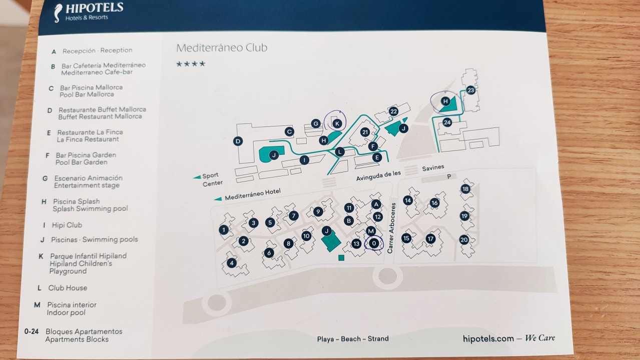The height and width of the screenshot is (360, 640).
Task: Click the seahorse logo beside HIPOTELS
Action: (x=59, y=12)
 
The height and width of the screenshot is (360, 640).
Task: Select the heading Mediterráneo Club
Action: (x=222, y=48)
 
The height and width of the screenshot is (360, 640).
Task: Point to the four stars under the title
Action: (x=191, y=64)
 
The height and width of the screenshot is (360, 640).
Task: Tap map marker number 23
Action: (x=470, y=90)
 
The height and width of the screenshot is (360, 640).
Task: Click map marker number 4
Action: (x=231, y=262)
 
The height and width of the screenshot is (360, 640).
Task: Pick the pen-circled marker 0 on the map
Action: (x=374, y=243)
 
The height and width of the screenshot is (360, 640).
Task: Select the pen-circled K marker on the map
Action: (x=337, y=123)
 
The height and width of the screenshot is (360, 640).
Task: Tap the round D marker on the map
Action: (x=238, y=141)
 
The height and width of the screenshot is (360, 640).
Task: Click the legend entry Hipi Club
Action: (x=67, y=225)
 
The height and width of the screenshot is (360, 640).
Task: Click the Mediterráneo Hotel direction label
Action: (x=252, y=194)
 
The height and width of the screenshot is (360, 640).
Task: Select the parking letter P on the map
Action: (x=449, y=176)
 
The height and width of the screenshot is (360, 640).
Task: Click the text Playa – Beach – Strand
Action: (x=353, y=338)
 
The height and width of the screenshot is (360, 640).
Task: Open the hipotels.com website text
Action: (x=488, y=338)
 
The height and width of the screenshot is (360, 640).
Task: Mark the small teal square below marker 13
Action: (x=341, y=257)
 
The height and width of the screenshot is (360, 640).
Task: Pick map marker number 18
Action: (x=465, y=188)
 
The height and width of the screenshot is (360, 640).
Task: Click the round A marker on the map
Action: (x=376, y=204)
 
